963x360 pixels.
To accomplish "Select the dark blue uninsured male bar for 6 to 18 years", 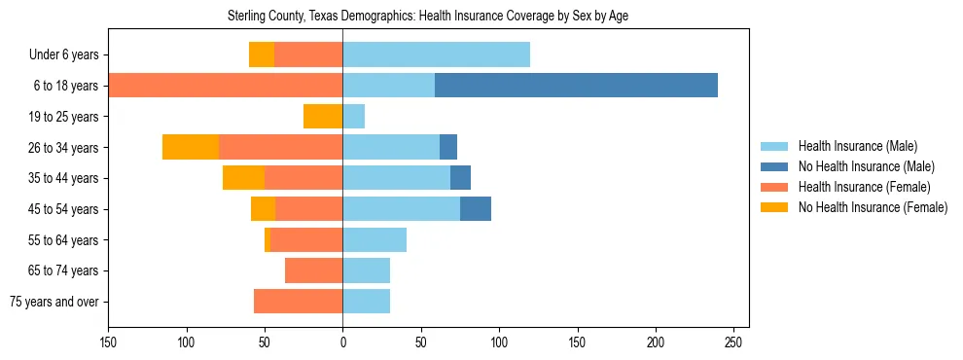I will point(576,86).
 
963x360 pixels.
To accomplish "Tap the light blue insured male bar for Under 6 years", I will point(436,54).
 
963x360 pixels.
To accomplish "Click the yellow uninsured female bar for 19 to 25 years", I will point(323,117).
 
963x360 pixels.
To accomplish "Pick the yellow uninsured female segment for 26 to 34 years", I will point(191,147).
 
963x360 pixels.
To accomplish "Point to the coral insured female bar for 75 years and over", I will point(298,302).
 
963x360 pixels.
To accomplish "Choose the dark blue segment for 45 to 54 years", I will point(476,209).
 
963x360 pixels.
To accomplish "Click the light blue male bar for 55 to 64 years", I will point(374,240).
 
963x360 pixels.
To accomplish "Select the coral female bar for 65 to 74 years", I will point(313,270).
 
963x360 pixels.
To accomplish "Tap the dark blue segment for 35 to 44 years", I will point(460,178).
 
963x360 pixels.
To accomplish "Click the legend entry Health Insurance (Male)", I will point(857,146).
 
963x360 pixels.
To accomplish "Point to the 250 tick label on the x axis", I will point(734,342).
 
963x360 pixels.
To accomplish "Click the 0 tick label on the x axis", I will point(342,342).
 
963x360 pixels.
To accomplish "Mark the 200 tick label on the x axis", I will point(656,342).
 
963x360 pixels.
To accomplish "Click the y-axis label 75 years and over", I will point(53,302).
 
